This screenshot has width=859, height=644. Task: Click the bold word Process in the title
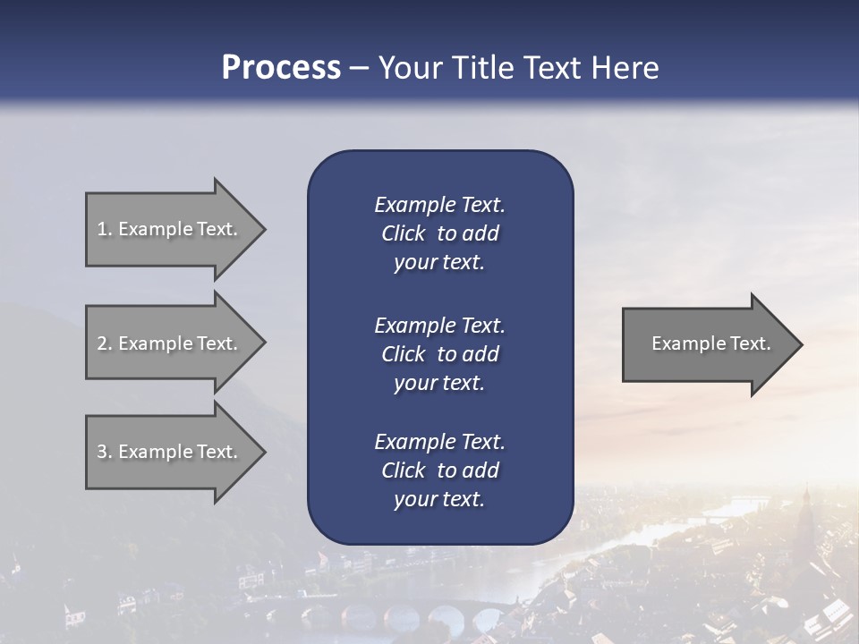click(x=281, y=68)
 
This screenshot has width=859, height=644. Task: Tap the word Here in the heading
click(x=625, y=68)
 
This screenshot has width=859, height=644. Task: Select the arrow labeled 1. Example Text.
click(x=170, y=229)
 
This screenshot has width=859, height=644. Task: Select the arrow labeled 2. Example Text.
click(x=170, y=343)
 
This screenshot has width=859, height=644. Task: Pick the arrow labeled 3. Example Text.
click(x=170, y=452)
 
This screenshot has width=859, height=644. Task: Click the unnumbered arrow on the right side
click(x=707, y=343)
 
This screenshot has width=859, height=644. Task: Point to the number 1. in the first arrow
click(x=105, y=229)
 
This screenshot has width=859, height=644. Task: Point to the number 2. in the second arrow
click(x=105, y=343)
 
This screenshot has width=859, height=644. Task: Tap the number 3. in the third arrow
click(x=105, y=452)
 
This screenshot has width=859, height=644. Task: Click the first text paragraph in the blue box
click(x=439, y=233)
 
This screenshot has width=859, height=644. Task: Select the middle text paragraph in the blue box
click(x=439, y=353)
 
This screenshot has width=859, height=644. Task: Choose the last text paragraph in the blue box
click(x=439, y=470)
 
